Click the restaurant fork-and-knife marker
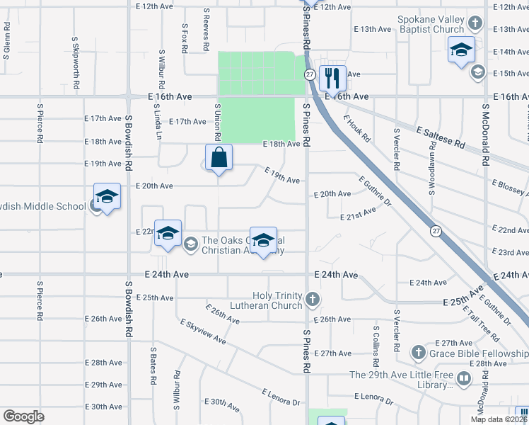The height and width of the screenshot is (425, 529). click(x=332, y=76)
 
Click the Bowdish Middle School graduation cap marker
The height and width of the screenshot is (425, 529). click(x=107, y=196)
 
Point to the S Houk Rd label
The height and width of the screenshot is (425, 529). click(x=357, y=130)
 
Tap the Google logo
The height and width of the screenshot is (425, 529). click(x=24, y=416)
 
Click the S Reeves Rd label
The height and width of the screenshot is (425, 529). click(x=206, y=30)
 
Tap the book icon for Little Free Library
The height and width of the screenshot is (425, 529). click(x=464, y=379)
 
